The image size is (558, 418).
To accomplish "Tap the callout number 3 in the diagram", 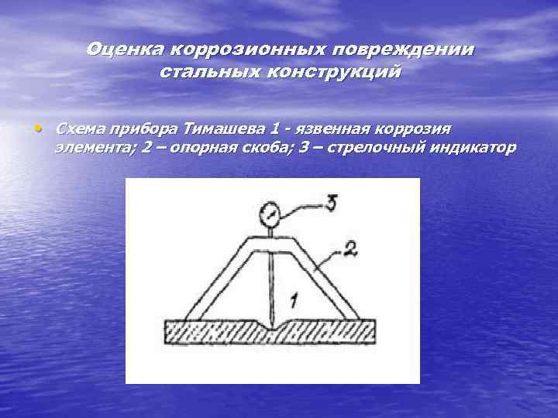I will point(331,203).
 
